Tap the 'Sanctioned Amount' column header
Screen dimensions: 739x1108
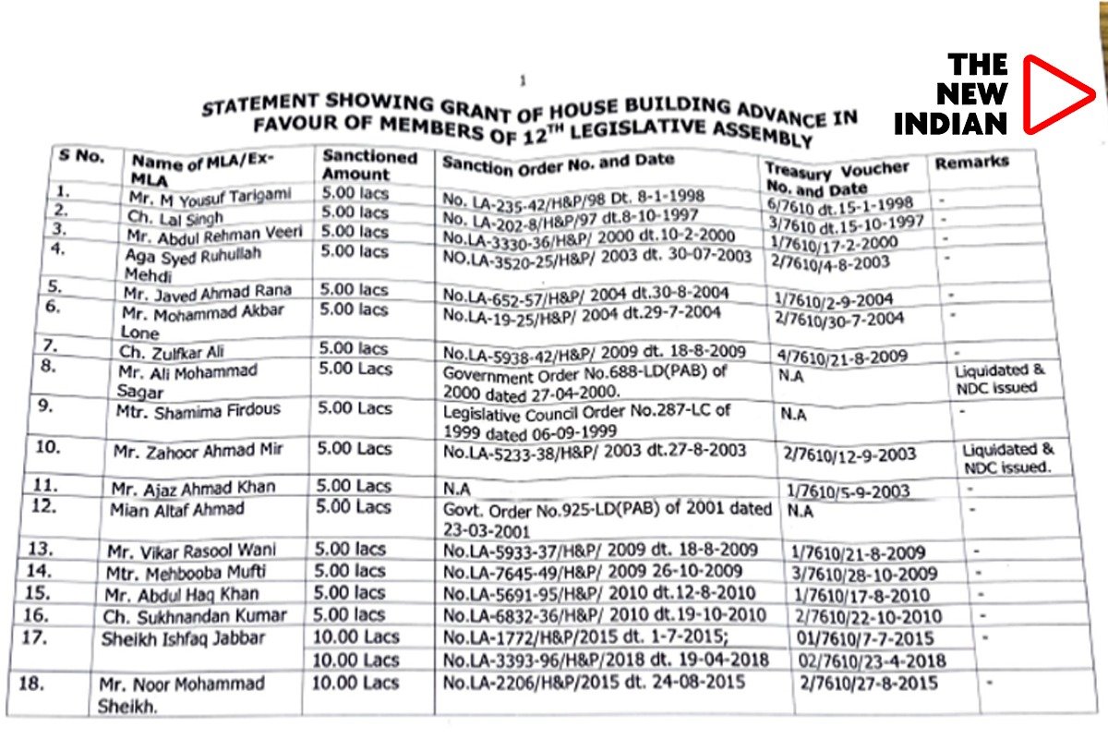click(369, 164)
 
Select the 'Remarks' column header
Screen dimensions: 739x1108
click(971, 163)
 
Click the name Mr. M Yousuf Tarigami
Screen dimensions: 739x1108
click(219, 196)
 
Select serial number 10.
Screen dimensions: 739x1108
click(46, 448)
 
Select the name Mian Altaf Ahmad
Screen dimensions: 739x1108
click(177, 509)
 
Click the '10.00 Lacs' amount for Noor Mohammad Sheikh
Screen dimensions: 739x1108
click(355, 683)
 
